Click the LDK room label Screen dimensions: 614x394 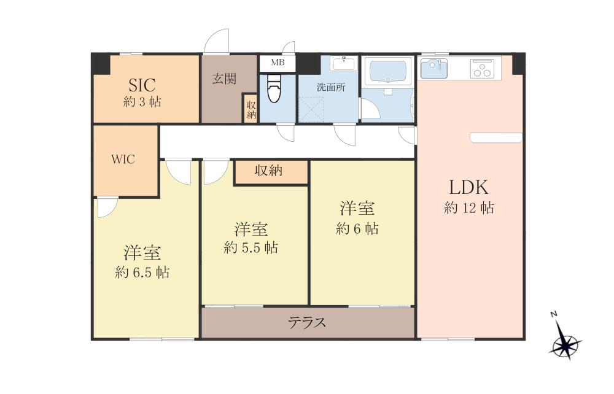click(x=468, y=187)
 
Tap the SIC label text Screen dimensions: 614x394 click(x=142, y=85)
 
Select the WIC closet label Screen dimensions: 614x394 click(x=123, y=159)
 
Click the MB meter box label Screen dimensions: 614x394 click(x=278, y=63)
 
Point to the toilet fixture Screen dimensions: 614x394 click(x=274, y=89)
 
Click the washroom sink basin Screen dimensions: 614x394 click(x=344, y=63)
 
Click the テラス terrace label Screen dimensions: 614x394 click(x=308, y=323)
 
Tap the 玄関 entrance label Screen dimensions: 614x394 click(x=224, y=79)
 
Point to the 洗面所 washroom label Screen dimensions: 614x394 click(x=331, y=87)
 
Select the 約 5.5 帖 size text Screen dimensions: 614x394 click(x=251, y=247)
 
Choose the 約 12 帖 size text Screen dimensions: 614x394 click(x=468, y=207)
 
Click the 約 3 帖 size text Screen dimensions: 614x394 click(x=142, y=102)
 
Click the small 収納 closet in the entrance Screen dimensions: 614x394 click(x=251, y=109)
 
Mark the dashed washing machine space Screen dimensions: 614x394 click(x=312, y=110)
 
